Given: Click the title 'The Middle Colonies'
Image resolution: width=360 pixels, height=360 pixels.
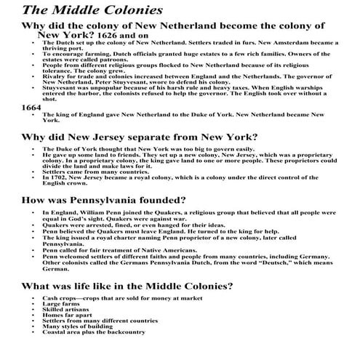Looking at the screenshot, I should click(x=92, y=11).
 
